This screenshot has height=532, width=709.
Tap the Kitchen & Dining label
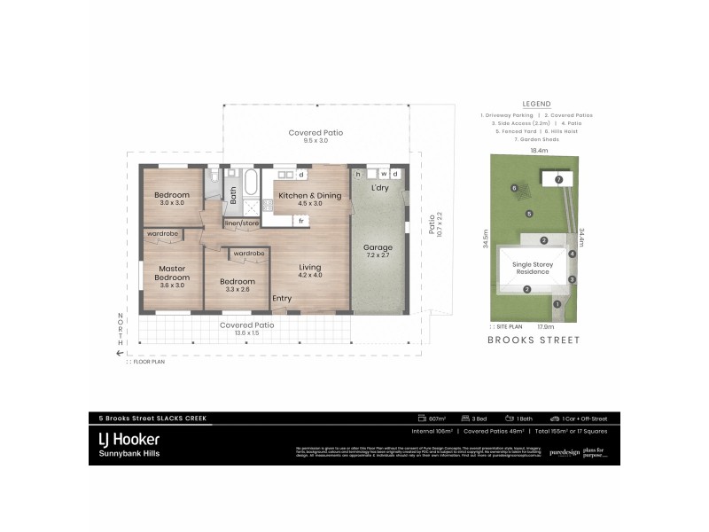309,195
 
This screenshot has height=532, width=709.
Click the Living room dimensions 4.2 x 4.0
309,276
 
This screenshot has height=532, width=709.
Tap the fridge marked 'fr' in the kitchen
301,220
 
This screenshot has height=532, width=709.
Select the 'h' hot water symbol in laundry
358,175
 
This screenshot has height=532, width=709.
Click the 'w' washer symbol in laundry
383,175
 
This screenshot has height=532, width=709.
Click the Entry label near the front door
282,299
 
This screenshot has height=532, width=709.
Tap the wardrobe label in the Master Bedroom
163,234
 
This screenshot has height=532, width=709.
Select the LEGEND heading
536,103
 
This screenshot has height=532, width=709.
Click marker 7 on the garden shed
558,180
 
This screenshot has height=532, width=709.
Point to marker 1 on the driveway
557,305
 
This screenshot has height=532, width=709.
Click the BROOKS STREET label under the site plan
534,340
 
